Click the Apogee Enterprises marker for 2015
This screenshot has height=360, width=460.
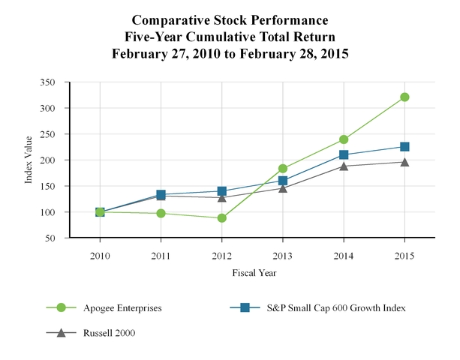click(x=404, y=97)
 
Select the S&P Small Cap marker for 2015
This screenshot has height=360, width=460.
click(x=404, y=147)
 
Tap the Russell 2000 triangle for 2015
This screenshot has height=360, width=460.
click(x=404, y=161)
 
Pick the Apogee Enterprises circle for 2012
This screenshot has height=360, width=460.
click(x=222, y=218)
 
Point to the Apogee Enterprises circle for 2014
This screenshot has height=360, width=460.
click(x=344, y=139)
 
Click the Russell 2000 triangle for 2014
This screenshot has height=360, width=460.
click(x=344, y=166)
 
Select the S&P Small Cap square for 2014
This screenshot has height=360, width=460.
click(x=344, y=154)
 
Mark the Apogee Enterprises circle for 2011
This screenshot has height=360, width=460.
click(x=161, y=213)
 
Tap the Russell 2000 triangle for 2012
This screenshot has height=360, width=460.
click(x=222, y=197)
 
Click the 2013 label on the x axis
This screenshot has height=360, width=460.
click(x=283, y=256)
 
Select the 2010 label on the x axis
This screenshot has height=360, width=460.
click(x=101, y=256)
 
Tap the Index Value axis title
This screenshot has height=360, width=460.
click(x=29, y=160)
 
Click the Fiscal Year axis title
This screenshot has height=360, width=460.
click(x=253, y=274)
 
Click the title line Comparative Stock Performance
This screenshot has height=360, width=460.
click(x=230, y=19)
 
